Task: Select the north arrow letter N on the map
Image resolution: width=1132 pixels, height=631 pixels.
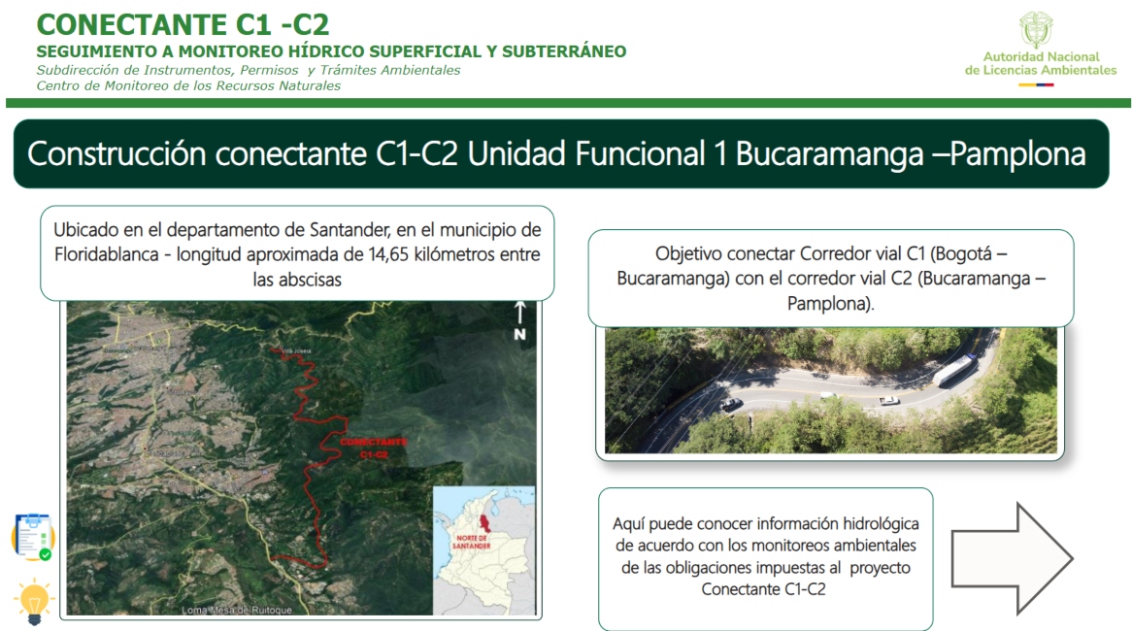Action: pyautogui.click(x=519, y=334)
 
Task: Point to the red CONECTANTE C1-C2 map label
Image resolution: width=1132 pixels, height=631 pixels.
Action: pyautogui.click(x=374, y=448)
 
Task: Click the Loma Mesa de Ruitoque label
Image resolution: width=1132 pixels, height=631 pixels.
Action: pyautogui.click(x=228, y=611)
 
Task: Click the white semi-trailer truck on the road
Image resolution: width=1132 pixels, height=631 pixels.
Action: pyautogui.click(x=953, y=369)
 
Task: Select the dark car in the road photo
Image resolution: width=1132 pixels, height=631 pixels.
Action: pyautogui.click(x=732, y=404)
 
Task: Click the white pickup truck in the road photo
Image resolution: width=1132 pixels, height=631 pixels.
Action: pyautogui.click(x=887, y=399)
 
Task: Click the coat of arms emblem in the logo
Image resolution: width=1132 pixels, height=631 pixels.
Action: pyautogui.click(x=1036, y=29)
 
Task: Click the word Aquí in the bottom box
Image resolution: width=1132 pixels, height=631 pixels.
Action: pyautogui.click(x=629, y=523)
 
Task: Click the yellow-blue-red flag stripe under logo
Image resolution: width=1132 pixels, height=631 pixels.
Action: pyautogui.click(x=1036, y=85)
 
